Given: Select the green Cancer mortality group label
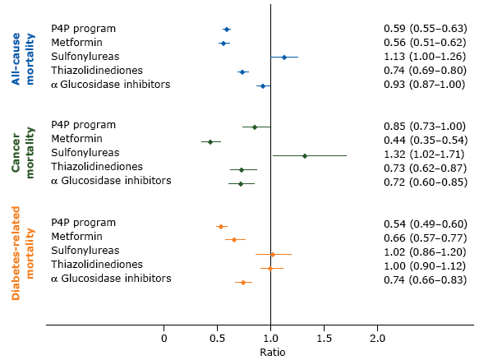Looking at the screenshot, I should point(22,154).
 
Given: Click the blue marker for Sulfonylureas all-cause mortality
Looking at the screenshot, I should point(284,58).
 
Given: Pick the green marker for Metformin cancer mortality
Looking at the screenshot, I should point(210,142).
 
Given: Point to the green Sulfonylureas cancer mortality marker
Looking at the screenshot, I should point(305,155).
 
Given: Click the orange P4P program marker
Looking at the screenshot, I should point(221,226).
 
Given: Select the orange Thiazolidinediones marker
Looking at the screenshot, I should point(270,268).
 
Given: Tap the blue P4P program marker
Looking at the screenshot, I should point(227,30).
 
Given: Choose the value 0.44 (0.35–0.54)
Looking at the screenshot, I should point(425,140).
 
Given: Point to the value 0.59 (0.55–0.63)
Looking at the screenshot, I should point(425,28).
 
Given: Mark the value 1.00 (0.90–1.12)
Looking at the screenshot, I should point(425,265).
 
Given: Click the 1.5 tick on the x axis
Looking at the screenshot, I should point(324,338).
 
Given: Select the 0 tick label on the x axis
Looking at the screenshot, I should point(164,338).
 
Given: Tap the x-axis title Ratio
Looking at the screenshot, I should point(272,352).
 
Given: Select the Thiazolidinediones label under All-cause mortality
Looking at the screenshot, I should point(97,71).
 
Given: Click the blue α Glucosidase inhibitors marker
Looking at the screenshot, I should point(263,85).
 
